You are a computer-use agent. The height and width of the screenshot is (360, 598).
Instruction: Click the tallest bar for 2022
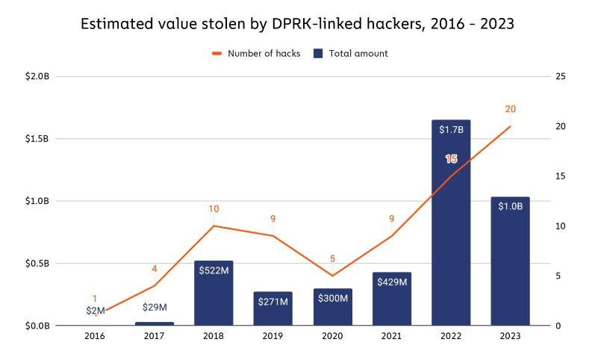451,224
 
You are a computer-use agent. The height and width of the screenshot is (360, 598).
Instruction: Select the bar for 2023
510,261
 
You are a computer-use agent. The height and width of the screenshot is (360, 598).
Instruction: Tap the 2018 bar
214,295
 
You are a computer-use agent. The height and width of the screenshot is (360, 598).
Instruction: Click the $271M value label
272,302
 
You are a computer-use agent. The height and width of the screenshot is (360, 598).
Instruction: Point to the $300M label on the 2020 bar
332,298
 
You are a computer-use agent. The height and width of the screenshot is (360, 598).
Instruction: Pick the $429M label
392,282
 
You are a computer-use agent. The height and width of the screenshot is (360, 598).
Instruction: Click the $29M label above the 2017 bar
155,307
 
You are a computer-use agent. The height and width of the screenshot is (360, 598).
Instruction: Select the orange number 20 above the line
510,109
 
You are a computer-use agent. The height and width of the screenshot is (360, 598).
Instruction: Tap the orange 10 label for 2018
214,208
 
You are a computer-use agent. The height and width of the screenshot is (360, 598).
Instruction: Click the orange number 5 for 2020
332,259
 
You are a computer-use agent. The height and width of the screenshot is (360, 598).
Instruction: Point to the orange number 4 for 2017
155,269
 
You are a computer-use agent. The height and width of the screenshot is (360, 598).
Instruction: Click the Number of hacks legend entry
256,54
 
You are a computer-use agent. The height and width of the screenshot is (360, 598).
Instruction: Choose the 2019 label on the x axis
272,337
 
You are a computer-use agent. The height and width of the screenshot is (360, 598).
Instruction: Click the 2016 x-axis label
95,337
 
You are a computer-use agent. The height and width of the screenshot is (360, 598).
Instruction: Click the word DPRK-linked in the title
302,24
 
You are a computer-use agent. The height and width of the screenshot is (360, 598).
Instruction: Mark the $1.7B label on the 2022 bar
451,129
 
